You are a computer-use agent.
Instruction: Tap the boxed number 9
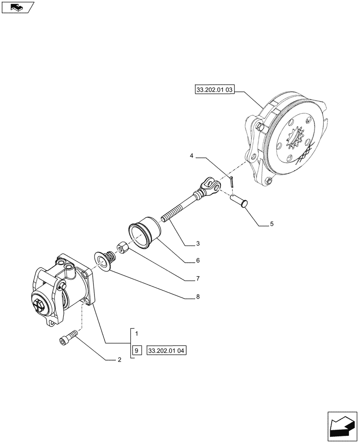137,350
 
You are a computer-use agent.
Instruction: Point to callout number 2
119,360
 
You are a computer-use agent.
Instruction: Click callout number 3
198,244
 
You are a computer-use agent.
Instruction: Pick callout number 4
192,156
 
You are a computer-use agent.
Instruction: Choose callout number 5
271,224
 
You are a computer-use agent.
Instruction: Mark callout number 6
198,261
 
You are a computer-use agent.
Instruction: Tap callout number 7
198,279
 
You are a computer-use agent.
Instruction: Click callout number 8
198,296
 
